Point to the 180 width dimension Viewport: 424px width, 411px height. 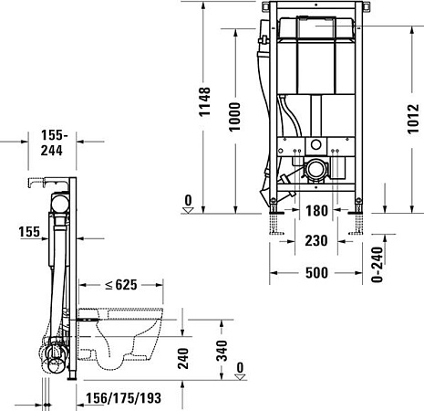click(x=315, y=212)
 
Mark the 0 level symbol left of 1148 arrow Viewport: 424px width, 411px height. click(x=188, y=203)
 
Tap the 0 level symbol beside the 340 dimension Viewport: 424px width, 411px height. click(x=240, y=369)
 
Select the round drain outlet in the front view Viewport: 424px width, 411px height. click(x=316, y=167)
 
